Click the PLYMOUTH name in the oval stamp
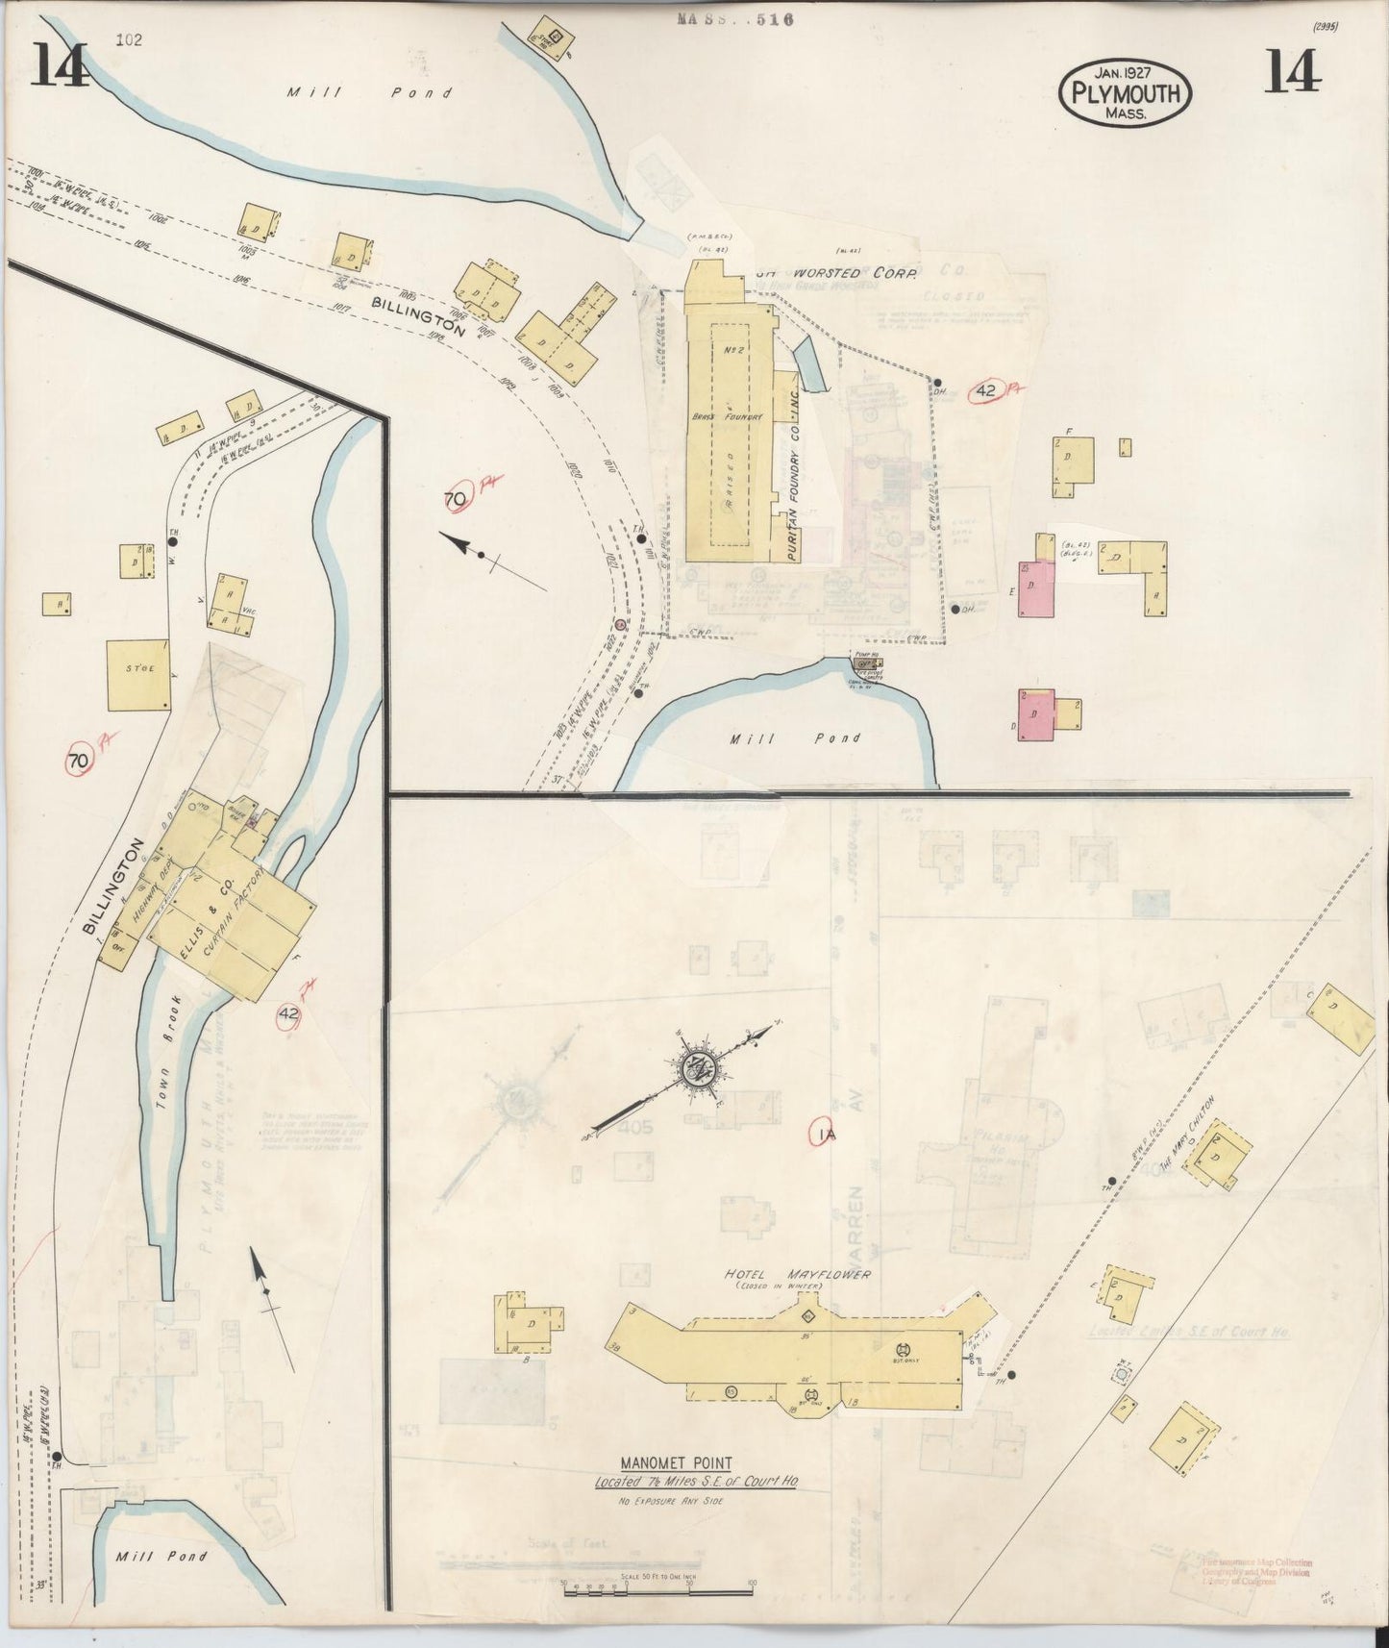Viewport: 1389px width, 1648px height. click(1126, 93)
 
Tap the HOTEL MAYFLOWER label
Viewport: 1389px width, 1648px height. click(798, 1274)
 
